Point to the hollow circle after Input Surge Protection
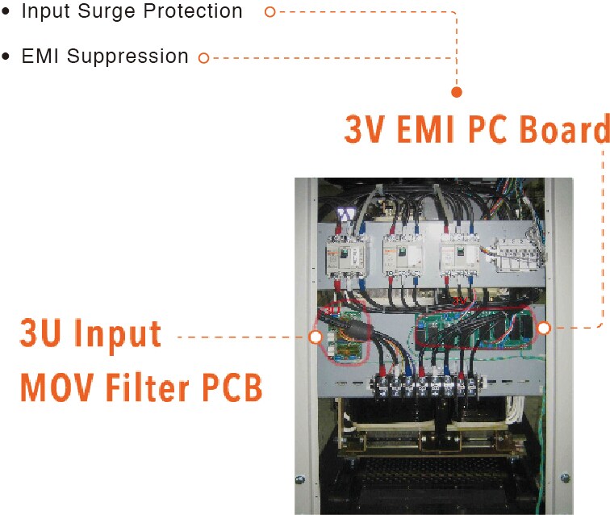(270, 12)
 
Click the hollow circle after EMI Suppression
(203, 57)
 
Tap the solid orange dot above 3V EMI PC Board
(456, 92)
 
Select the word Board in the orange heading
(564, 129)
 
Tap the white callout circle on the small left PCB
(315, 336)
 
